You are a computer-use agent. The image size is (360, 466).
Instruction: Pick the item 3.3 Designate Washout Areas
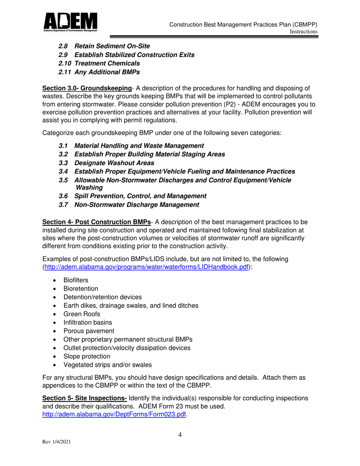click(106, 163)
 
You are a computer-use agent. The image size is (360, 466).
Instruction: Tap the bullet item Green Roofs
click(82, 314)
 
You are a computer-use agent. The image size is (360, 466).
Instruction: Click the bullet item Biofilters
click(76, 280)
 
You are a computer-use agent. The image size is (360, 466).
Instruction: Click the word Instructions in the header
click(303, 32)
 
